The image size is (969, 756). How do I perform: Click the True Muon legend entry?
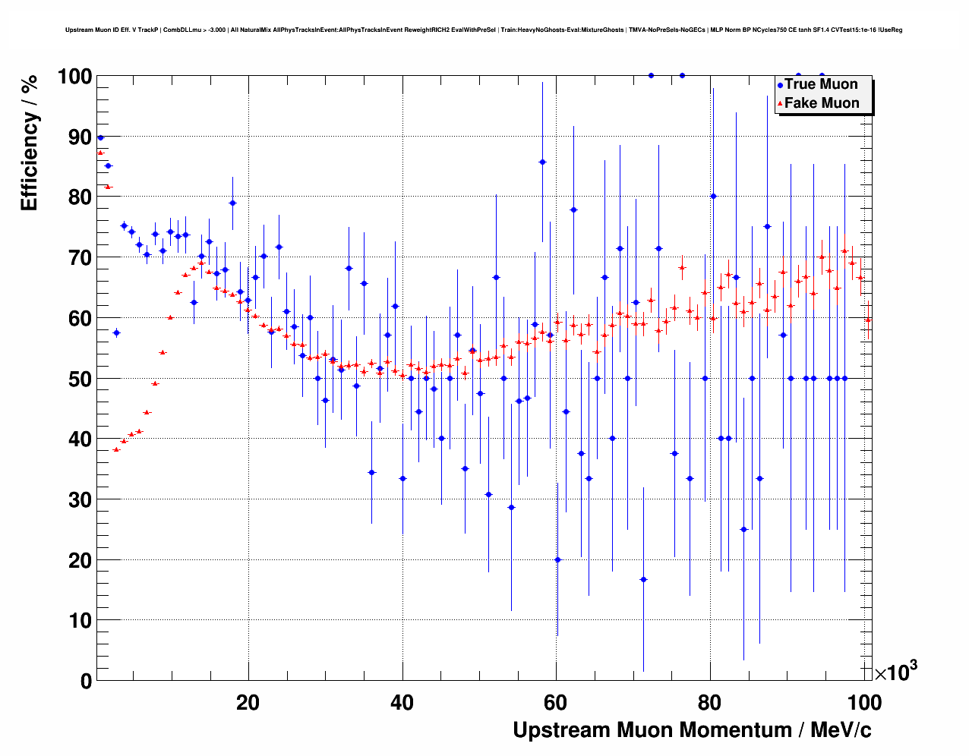[820, 84]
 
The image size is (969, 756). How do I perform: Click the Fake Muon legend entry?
[821, 103]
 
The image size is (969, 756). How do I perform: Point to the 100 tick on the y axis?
[75, 77]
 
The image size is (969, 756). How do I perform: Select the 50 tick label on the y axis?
[80, 379]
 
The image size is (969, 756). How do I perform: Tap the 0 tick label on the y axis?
[86, 681]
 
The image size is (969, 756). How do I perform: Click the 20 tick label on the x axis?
[248, 702]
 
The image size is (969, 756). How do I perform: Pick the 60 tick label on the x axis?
[556, 702]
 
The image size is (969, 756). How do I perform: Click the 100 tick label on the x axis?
[864, 702]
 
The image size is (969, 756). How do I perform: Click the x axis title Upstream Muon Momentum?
[692, 730]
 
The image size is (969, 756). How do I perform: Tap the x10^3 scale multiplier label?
[895, 672]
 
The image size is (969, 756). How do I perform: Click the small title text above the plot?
[484, 30]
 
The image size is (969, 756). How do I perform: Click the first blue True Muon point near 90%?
[100, 137]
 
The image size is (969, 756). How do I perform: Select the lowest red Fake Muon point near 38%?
[116, 449]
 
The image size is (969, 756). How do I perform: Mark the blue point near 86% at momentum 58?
[542, 162]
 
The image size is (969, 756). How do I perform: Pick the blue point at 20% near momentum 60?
[557, 559]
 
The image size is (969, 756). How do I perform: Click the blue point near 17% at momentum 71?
[643, 579]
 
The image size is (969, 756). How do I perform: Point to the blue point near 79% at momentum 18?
[232, 203]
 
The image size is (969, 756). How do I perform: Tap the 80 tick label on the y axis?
[80, 197]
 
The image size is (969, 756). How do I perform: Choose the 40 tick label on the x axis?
[402, 702]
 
